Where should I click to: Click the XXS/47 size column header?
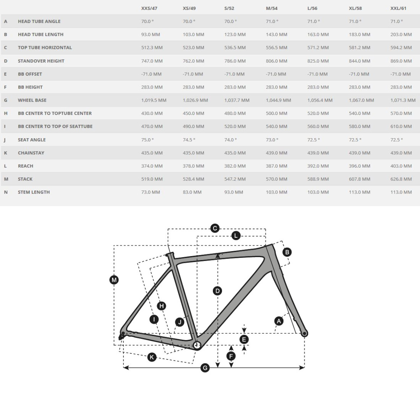coord(149,8)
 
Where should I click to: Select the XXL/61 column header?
coord(398,8)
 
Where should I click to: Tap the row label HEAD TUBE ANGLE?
coord(39,21)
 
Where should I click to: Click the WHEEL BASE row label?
coord(32,100)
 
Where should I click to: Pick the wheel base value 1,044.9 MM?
coord(278,100)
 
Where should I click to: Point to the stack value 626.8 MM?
coord(401,179)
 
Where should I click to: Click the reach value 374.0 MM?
coord(152,166)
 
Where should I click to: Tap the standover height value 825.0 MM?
coord(318,61)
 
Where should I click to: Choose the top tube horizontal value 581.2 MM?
coord(359,47)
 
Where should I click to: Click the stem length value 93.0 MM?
coord(235,192)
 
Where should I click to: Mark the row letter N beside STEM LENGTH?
coord(6,192)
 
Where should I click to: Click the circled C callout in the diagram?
coord(215,228)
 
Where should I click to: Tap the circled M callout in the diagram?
coord(114,280)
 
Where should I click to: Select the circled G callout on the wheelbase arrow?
coord(205,368)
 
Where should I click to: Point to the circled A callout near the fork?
coord(279,321)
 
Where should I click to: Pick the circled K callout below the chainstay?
coord(152,357)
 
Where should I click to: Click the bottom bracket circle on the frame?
coord(197,345)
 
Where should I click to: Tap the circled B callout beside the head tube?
coord(287,252)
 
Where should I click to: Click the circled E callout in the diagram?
coord(244,339)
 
